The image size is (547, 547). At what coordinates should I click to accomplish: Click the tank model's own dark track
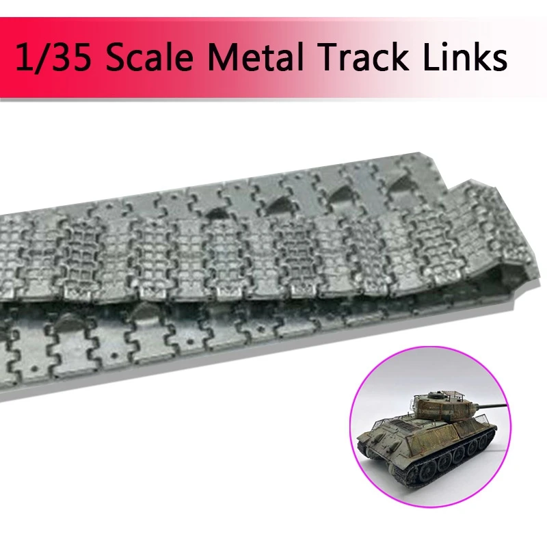438,472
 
